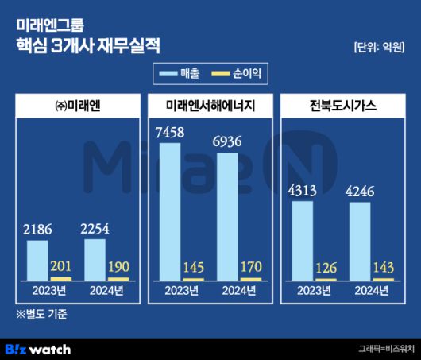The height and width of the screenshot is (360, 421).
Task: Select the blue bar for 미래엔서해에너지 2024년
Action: pos(226,215)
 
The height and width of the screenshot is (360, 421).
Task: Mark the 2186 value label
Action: pos(37,230)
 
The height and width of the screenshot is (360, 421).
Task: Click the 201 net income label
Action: pos(60,266)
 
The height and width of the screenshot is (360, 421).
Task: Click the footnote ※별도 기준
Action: pos(41,314)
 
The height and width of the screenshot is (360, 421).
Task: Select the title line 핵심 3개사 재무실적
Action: pos(87,44)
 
